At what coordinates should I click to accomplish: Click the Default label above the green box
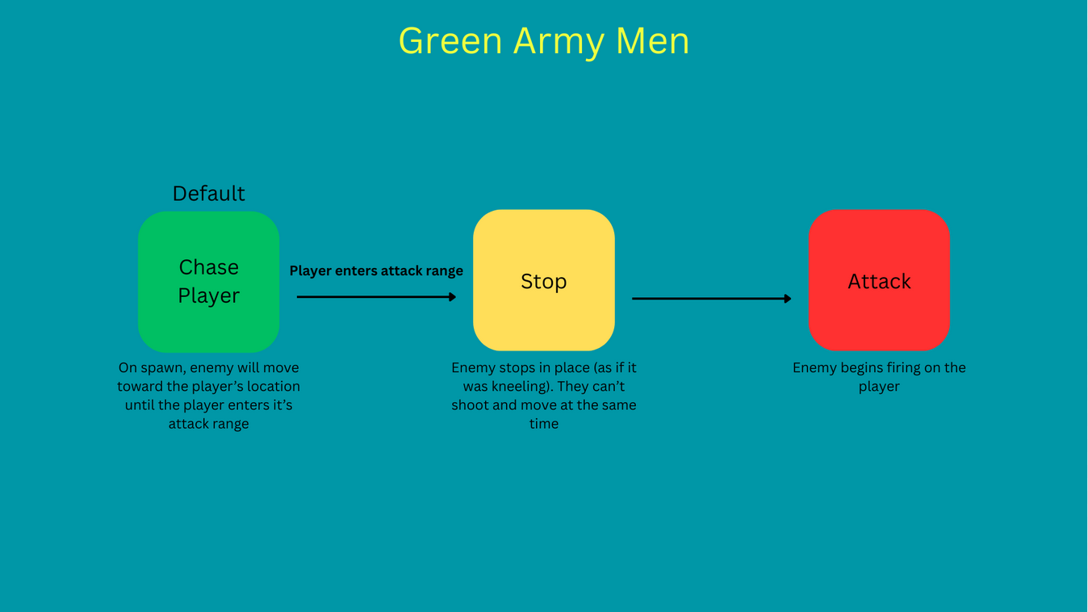208,194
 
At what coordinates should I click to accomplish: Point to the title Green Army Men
543,41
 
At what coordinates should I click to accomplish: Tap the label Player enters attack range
376,271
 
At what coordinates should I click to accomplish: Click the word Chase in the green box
208,267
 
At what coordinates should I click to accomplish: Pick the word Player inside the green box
208,296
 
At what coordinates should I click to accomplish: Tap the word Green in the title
450,41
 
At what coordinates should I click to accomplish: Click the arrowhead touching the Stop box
453,297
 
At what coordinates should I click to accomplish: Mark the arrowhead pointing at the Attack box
788,299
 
